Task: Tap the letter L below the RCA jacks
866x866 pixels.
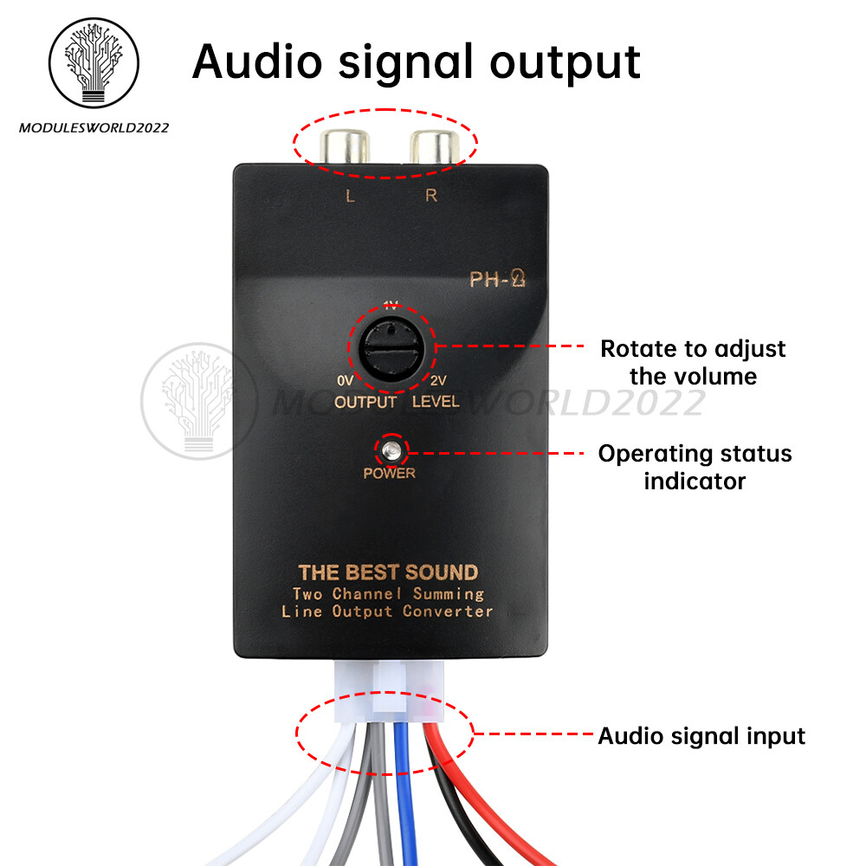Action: point(350,196)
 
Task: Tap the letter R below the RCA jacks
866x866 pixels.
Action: point(431,196)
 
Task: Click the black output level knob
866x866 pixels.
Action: point(391,351)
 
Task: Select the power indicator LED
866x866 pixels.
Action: point(391,450)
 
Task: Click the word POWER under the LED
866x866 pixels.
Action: point(390,474)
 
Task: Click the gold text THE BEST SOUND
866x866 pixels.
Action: point(387,572)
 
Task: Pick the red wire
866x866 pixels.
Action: point(459,779)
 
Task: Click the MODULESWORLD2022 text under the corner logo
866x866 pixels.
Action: point(94,128)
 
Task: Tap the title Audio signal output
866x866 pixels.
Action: point(416,61)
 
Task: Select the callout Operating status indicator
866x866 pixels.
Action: point(695,467)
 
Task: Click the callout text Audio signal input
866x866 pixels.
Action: point(701,736)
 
